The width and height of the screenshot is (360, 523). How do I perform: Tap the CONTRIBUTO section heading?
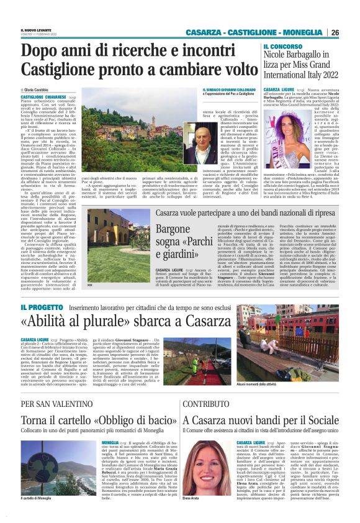189,403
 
